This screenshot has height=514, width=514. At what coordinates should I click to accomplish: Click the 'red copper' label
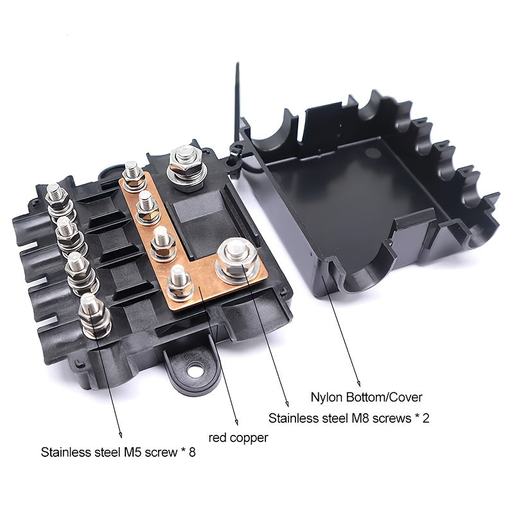tap(238, 438)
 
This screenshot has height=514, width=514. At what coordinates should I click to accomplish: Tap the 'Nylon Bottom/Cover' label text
tap(366, 397)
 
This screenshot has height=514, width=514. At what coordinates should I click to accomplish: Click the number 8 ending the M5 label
tap(191, 452)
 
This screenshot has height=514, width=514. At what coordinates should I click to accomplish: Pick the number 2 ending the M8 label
tap(426, 418)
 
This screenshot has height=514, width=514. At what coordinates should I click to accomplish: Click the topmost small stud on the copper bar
tap(134, 175)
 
